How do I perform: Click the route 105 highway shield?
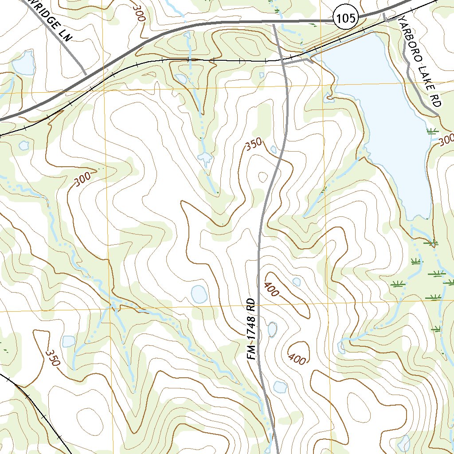(346, 19)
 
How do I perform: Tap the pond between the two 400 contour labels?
(272, 329)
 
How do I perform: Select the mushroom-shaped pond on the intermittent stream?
(205, 157)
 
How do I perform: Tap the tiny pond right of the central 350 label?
(274, 150)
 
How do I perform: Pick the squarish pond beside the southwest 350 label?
(69, 341)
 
